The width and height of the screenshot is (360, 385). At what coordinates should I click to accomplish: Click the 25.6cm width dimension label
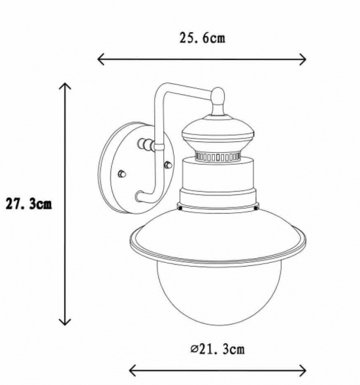[202, 39]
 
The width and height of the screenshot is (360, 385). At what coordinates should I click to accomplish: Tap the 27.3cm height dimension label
[29, 204]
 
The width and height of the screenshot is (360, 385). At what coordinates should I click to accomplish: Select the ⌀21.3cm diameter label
[218, 349]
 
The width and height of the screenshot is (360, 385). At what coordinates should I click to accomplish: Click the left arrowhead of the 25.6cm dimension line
[101, 59]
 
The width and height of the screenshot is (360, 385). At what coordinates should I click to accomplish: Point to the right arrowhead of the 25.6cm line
[303, 59]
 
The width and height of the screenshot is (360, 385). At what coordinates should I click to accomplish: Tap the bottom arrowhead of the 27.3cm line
[65, 322]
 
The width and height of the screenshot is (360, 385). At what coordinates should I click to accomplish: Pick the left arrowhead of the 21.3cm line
[132, 371]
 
